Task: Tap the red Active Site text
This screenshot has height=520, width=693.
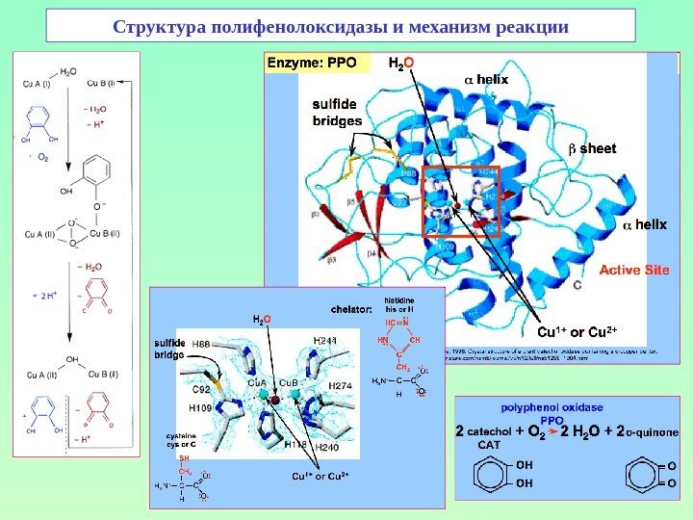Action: (633, 271)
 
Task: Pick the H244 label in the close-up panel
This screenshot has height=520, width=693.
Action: (325, 341)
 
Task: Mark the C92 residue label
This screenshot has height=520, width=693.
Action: (200, 390)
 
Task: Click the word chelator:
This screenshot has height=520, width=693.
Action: (351, 309)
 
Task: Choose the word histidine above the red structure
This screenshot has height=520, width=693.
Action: (398, 299)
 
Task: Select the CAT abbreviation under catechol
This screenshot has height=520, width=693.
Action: (489, 446)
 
